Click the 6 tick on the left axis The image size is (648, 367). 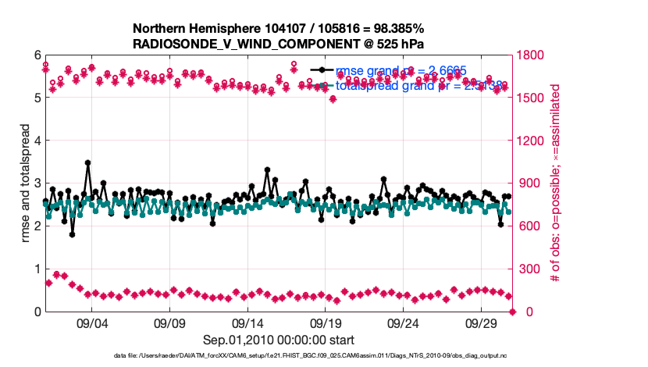[36, 55]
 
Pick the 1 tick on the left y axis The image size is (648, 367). [36, 269]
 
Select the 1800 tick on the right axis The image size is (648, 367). [532, 55]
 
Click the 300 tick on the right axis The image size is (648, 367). [529, 269]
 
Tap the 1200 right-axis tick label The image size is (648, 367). [532, 141]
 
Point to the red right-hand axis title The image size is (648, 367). [556, 183]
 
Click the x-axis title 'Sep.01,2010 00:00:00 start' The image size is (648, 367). [279, 340]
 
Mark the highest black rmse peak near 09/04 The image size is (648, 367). [87, 163]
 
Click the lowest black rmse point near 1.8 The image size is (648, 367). [72, 234]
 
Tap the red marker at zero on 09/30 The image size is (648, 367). [513, 312]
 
